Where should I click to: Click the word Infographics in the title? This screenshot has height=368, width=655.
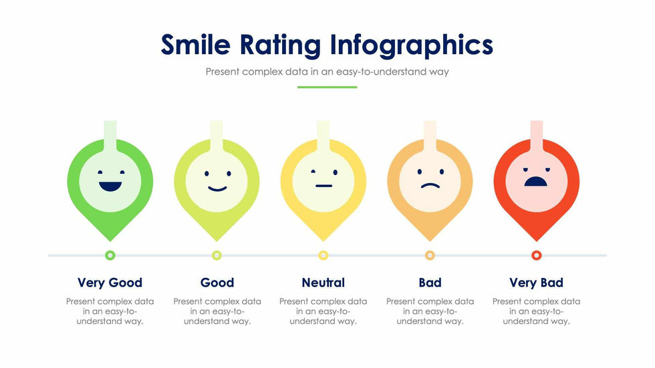click(411, 45)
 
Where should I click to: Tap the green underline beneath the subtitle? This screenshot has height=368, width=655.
click(327, 87)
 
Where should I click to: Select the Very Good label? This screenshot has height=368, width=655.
click(110, 283)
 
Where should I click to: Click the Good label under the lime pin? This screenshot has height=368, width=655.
click(217, 283)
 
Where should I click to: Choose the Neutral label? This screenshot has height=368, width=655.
click(323, 283)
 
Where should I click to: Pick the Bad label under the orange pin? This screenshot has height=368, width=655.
click(430, 283)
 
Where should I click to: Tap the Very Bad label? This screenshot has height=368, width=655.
click(536, 283)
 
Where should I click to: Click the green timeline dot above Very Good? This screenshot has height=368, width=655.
click(110, 255)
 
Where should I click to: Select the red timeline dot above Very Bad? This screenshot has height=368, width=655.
click(536, 255)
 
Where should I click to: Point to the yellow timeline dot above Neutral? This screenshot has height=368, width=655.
click(323, 255)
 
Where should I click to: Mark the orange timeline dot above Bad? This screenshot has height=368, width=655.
click(430, 255)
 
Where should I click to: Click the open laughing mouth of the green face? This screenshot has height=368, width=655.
click(110, 186)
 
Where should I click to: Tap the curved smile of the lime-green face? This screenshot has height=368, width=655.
click(217, 188)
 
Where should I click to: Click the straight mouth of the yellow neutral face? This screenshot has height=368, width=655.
click(323, 186)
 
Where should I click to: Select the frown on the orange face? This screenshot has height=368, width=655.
click(430, 186)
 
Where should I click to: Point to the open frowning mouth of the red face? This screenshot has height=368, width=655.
click(536, 182)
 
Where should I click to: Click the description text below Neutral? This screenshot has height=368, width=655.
click(323, 311)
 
